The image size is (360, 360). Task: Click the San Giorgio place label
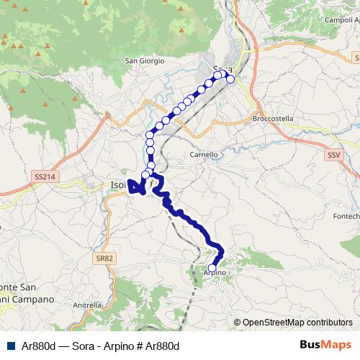click(x=145, y=60)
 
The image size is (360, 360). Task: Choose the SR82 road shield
click(x=105, y=258)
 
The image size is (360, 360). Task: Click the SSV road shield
click(x=332, y=155)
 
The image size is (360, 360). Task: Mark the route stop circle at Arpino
click(x=212, y=268)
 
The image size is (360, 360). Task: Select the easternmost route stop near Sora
click(x=230, y=79)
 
